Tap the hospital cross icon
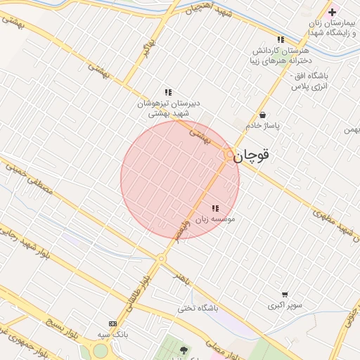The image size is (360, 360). pyautogui.click(x=332, y=13)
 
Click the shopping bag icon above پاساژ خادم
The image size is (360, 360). pyautogui.click(x=262, y=115)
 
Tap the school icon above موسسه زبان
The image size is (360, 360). pyautogui.click(x=215, y=208)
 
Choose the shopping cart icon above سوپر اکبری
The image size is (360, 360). pyautogui.click(x=285, y=295)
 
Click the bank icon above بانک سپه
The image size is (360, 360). pyautogui.click(x=112, y=323)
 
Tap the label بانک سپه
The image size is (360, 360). pyautogui.click(x=112, y=334)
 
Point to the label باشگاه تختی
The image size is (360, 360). pyautogui.click(x=198, y=308)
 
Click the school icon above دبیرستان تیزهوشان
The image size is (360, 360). pyautogui.click(x=168, y=92)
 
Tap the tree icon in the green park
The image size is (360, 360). pyautogui.click(x=184, y=349)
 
